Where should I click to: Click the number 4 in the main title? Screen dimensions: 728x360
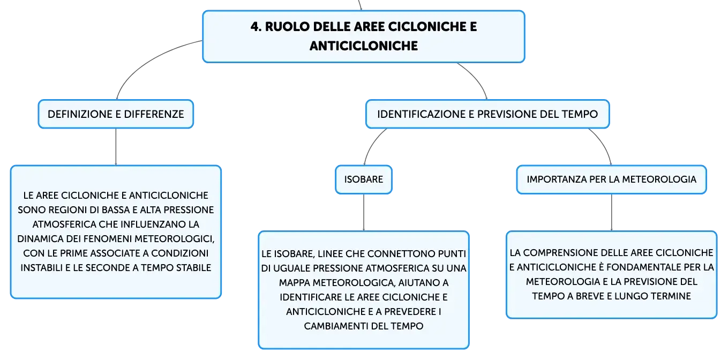256,27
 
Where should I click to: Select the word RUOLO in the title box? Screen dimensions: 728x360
287,27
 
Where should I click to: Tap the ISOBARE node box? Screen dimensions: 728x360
364,179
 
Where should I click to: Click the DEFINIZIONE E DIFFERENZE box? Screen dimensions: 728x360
116,114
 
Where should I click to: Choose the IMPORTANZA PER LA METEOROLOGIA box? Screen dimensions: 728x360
611,179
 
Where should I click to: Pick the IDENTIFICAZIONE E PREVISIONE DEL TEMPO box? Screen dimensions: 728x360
487,114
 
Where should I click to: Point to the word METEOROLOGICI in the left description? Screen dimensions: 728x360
174,239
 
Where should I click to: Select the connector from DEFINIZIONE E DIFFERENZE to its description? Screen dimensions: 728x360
116,147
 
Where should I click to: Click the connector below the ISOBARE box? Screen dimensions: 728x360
364,213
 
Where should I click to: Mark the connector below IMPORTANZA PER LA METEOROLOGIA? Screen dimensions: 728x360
611,213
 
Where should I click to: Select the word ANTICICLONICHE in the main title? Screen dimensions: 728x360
364,46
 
